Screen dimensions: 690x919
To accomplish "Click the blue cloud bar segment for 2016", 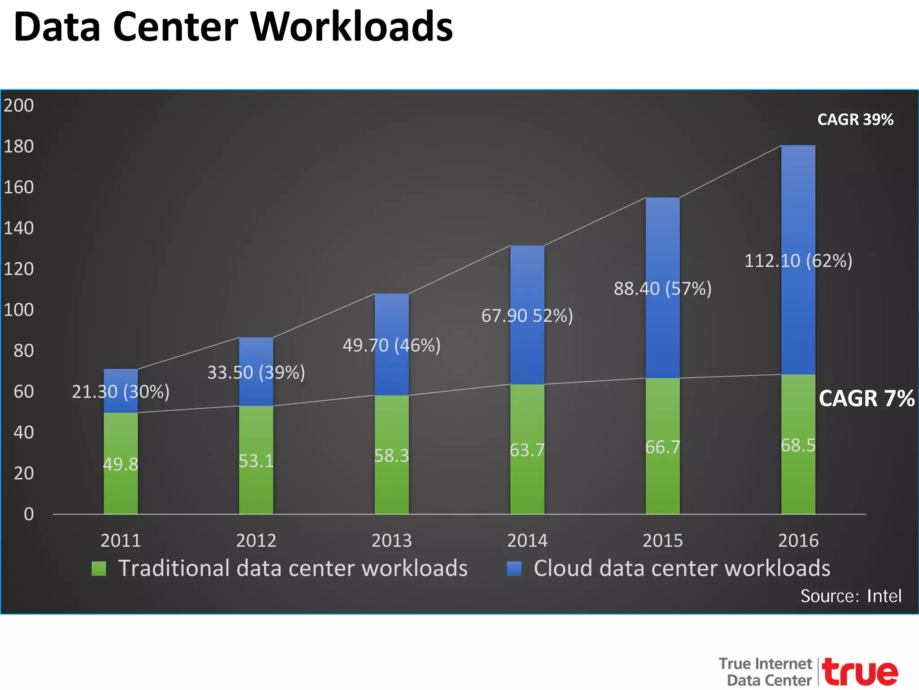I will [x=798, y=202].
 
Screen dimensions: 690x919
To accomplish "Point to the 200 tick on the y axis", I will [x=19, y=106].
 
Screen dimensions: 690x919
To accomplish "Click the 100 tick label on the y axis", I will [x=19, y=310].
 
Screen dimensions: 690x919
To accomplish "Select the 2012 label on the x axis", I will [x=256, y=540].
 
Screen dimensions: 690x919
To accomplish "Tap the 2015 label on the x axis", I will [x=662, y=540].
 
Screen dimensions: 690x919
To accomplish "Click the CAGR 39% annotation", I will [x=855, y=119].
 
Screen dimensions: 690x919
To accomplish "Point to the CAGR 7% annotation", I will [x=866, y=398].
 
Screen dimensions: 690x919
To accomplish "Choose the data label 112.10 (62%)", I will [x=798, y=261].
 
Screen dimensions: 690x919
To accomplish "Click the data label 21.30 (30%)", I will [x=121, y=392].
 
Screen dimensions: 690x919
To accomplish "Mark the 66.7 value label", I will [x=662, y=447].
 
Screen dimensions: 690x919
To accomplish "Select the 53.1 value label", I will [x=256, y=461].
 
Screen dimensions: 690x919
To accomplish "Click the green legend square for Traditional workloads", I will [x=99, y=569].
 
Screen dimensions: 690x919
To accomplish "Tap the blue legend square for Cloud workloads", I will [x=514, y=569].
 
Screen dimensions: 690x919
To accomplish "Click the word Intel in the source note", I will [x=884, y=596].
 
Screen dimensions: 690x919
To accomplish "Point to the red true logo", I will [x=861, y=672].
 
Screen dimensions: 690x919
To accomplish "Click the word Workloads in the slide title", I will [x=351, y=27].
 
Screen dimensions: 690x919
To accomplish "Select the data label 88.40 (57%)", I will [x=662, y=289].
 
